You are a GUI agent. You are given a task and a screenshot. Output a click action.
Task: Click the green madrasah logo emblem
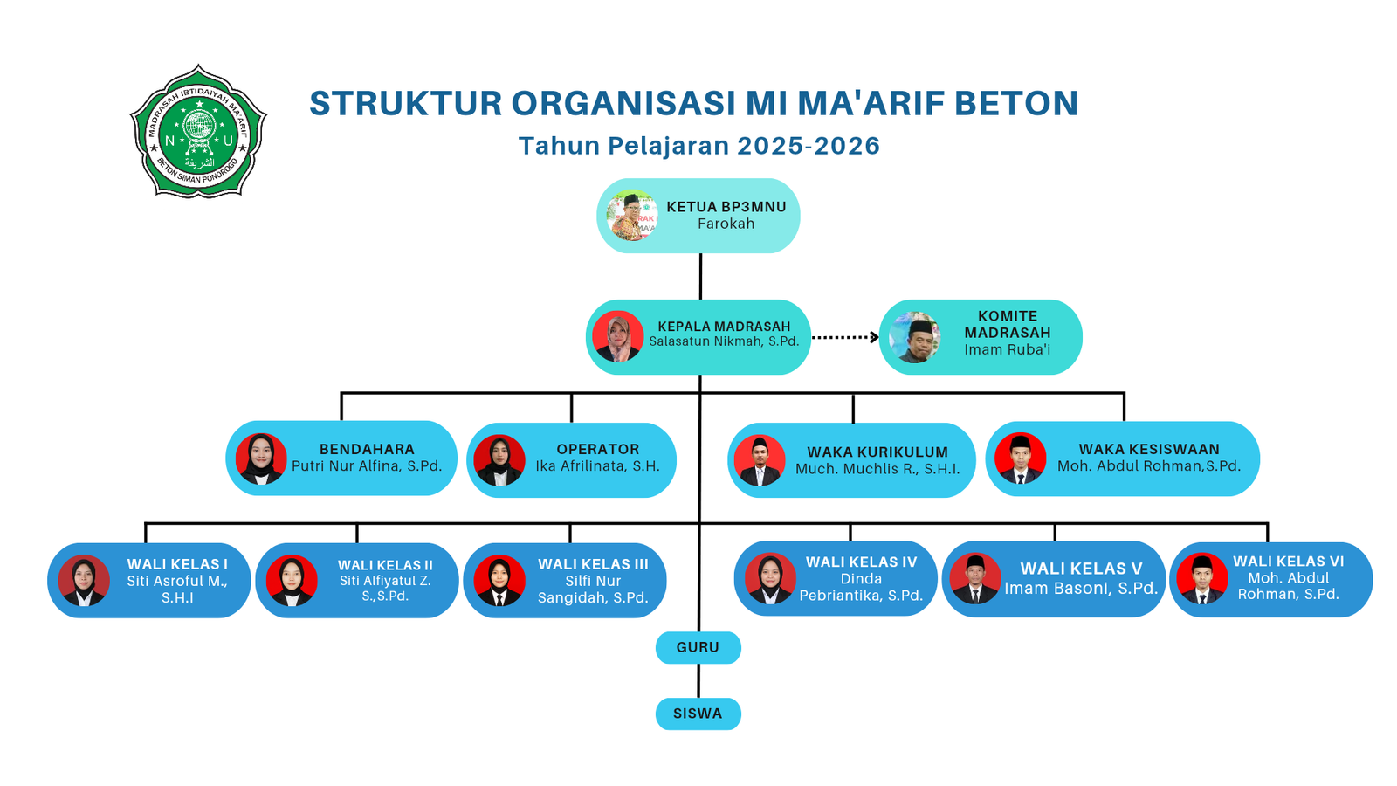(x=198, y=132)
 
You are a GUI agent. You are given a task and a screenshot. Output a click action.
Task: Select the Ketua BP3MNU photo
(x=632, y=216)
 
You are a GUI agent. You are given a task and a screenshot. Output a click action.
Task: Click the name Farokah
(x=726, y=224)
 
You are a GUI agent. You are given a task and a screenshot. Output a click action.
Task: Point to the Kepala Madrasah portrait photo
(x=618, y=336)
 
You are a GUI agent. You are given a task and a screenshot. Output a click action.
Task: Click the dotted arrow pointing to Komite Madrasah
(x=845, y=337)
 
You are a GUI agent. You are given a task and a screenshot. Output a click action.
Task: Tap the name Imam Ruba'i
(x=1007, y=350)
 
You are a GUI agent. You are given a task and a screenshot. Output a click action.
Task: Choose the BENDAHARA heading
(x=367, y=449)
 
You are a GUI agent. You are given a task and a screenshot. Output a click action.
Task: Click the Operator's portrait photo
(x=499, y=460)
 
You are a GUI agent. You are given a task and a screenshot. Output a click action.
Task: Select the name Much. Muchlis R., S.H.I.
(x=877, y=470)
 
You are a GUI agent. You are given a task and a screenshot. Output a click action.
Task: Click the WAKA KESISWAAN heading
(x=1148, y=449)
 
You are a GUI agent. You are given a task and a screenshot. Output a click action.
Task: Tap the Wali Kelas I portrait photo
(x=84, y=581)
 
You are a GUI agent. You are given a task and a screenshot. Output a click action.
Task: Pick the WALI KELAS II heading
(x=385, y=565)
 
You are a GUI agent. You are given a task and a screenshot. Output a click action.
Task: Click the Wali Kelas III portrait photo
(x=499, y=581)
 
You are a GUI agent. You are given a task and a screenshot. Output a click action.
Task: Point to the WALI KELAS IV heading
(x=861, y=562)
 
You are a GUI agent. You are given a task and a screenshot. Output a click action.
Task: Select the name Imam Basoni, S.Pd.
(x=1081, y=589)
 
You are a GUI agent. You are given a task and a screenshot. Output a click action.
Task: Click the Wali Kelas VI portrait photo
(x=1202, y=579)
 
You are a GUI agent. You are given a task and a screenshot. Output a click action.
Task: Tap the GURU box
(x=698, y=648)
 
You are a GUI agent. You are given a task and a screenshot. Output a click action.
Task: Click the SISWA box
(x=698, y=714)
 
